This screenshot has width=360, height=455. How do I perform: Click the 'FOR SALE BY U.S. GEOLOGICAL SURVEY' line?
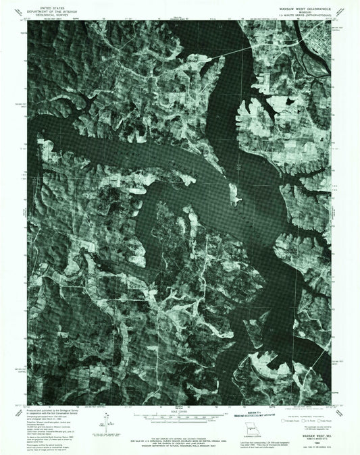[180, 425]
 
